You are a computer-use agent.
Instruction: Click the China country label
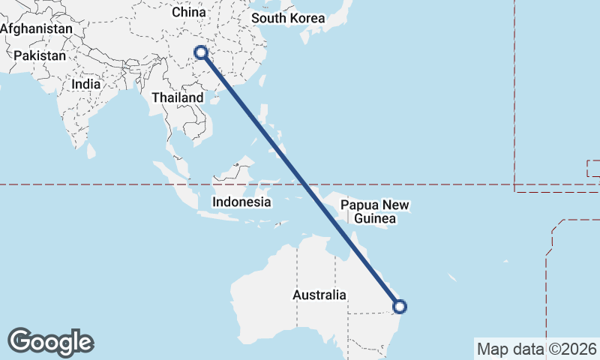[x=188, y=12]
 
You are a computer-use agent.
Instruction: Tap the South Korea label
[x=288, y=18]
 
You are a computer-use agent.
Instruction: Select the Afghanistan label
[x=37, y=28]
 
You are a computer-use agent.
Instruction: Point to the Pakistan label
[x=40, y=55]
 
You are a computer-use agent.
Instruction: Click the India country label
[x=85, y=84]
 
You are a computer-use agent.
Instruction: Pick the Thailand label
[x=177, y=97]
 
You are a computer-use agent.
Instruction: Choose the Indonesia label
[x=241, y=202]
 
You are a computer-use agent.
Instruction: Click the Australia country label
[x=319, y=295]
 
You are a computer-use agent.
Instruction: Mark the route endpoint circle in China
[x=201, y=52]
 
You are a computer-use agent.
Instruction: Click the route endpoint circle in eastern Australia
[x=400, y=306]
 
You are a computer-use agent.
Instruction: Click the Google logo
[x=50, y=342]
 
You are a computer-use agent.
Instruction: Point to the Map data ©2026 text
[x=537, y=349]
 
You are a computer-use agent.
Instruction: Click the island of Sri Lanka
[x=91, y=150]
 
